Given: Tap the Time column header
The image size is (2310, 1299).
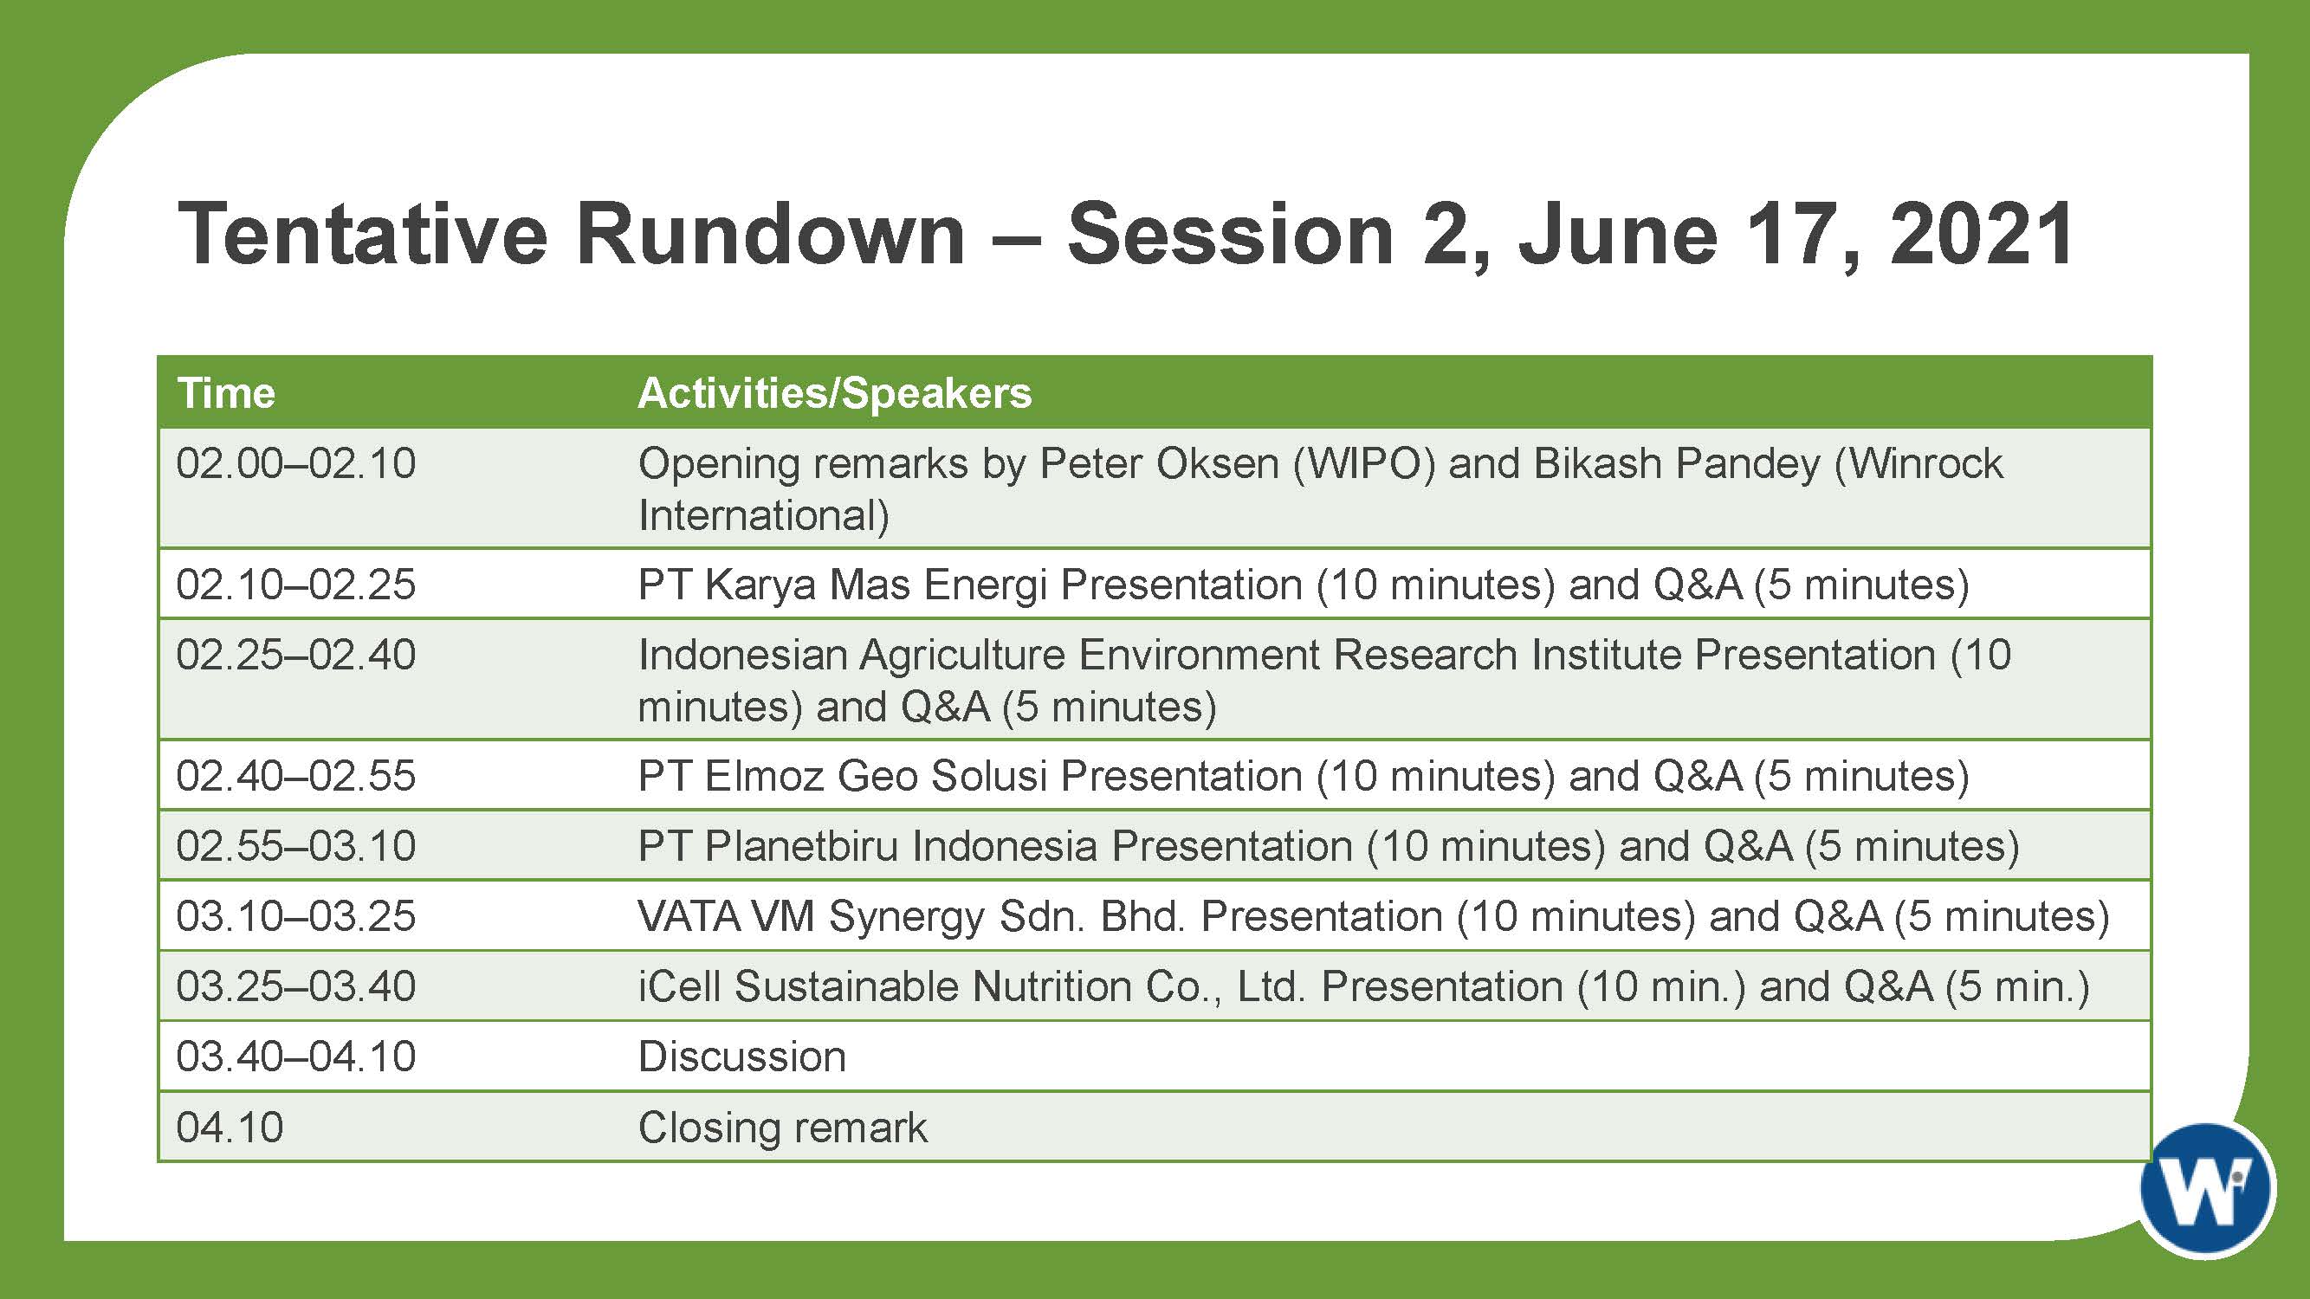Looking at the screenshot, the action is [x=226, y=392].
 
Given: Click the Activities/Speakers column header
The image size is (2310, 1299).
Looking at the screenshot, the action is [x=835, y=392].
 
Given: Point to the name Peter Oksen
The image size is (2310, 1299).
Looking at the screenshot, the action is [x=1160, y=462].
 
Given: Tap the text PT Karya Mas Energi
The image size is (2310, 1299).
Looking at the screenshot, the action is [x=843, y=585].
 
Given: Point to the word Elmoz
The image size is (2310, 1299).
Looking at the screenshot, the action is [x=764, y=775].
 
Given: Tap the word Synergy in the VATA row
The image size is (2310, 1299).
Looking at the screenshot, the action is [x=907, y=917].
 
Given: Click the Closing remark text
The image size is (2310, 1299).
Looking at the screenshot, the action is [x=783, y=1127].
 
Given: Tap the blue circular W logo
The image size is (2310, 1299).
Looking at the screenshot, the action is [x=2207, y=1189].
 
